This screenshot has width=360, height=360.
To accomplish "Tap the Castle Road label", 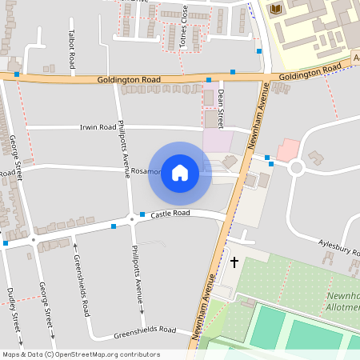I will pyautogui.click(x=170, y=214).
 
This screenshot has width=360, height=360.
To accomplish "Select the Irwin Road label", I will pyautogui.click(x=98, y=127).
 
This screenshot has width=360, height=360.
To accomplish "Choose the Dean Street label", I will pyautogui.click(x=220, y=108).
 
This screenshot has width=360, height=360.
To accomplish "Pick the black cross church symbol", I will pyautogui.click(x=234, y=262).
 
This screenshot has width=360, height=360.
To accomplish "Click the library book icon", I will pyautogui.click(x=276, y=9).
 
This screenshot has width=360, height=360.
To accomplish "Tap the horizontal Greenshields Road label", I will pyautogui.click(x=144, y=330).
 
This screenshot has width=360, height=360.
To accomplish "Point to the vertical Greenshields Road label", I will pyautogui.click(x=80, y=286).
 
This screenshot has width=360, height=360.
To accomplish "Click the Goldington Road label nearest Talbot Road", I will pyautogui.click(x=129, y=80).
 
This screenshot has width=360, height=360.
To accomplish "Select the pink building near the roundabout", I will pyautogui.click(x=287, y=150).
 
